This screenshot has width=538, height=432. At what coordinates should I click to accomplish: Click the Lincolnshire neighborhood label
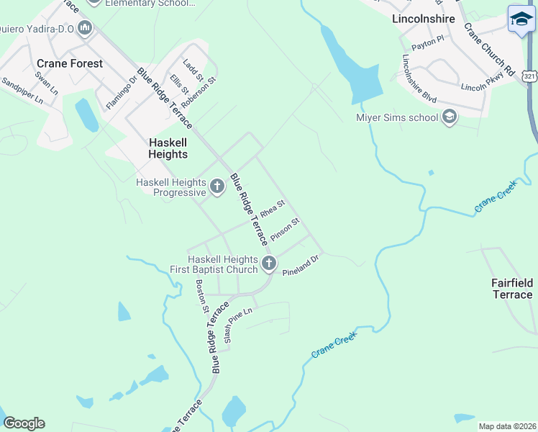point(424,19)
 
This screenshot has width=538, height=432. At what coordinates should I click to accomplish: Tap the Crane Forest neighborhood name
point(70,63)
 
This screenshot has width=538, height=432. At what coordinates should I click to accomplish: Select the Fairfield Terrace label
point(512,289)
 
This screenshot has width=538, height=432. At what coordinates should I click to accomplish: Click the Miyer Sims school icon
point(450,117)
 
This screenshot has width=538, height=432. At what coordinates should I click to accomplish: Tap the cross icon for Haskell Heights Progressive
point(217,187)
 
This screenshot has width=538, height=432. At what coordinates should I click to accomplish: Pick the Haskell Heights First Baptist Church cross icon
point(269,264)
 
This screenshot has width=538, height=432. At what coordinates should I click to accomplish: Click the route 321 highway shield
point(530,76)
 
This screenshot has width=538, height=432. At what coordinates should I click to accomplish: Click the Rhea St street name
point(273,210)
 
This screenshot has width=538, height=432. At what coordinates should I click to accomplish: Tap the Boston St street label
point(202,297)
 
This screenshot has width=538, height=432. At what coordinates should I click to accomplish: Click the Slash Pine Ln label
point(239,325)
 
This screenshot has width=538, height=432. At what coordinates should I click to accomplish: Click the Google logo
point(24,423)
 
